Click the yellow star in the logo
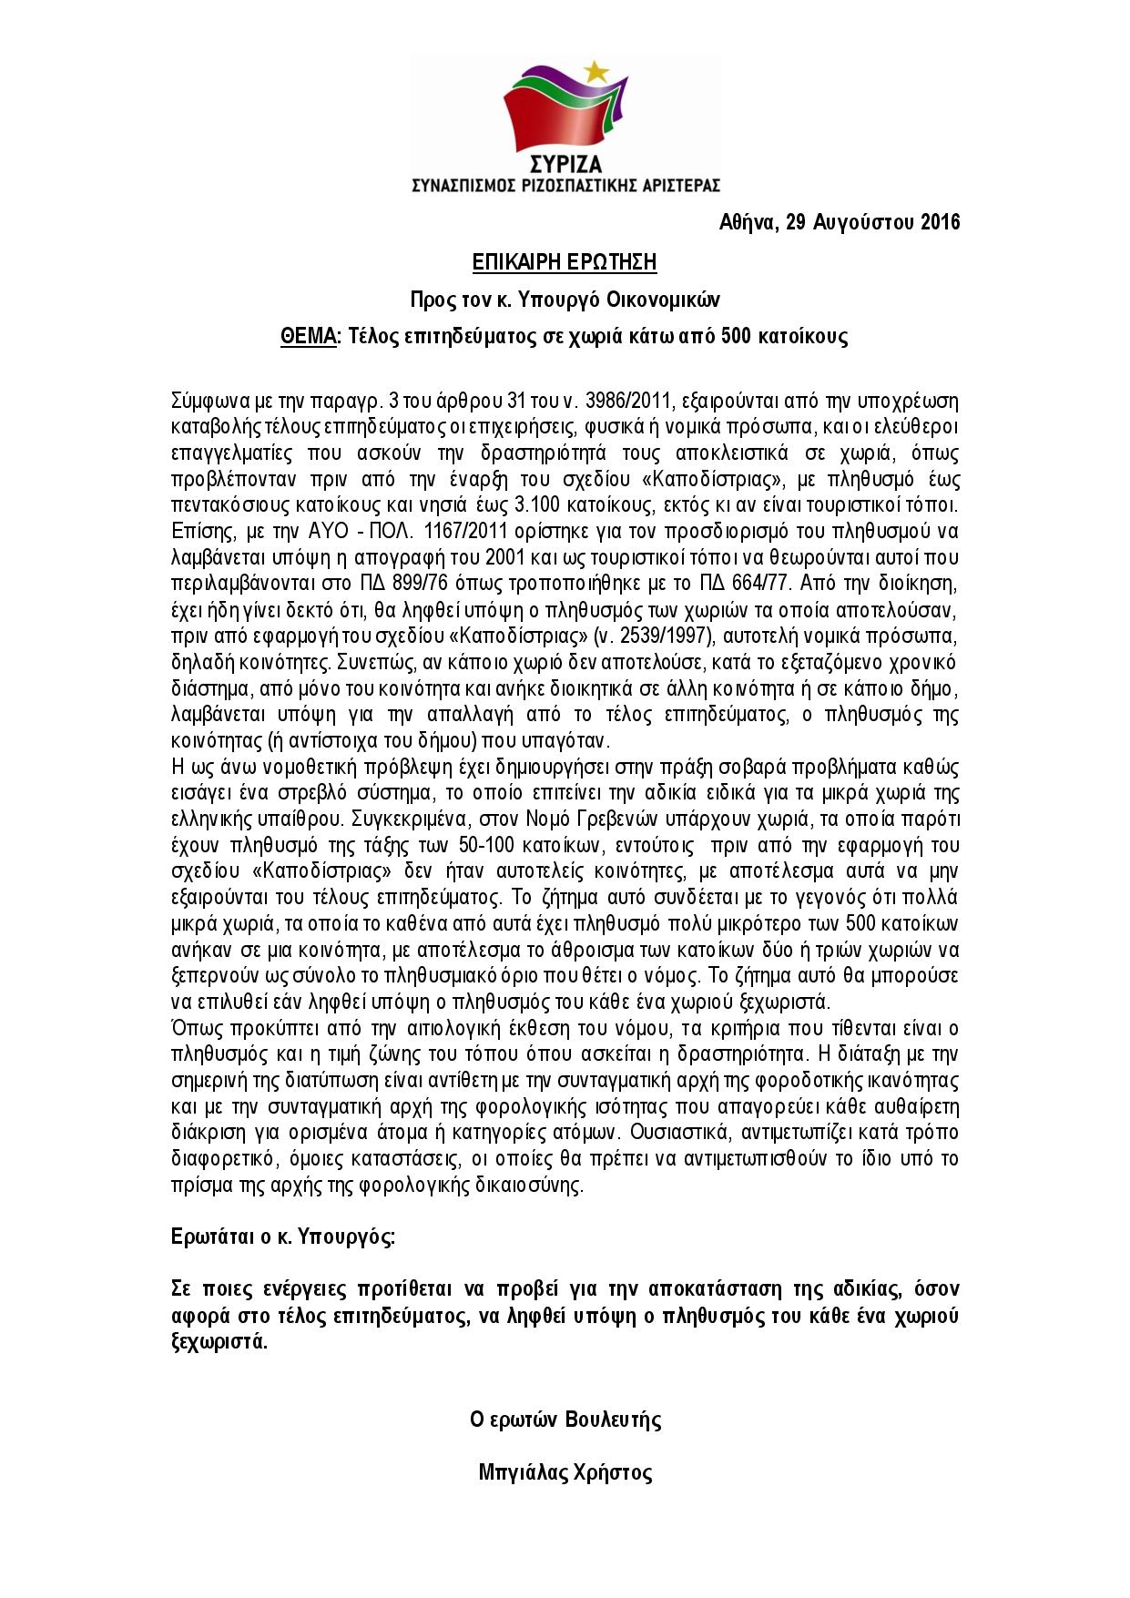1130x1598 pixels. click(x=596, y=69)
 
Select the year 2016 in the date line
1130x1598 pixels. click(x=940, y=222)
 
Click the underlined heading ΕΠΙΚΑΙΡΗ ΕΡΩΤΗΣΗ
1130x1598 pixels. click(x=565, y=263)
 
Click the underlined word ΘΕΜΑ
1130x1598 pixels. click(x=309, y=336)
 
